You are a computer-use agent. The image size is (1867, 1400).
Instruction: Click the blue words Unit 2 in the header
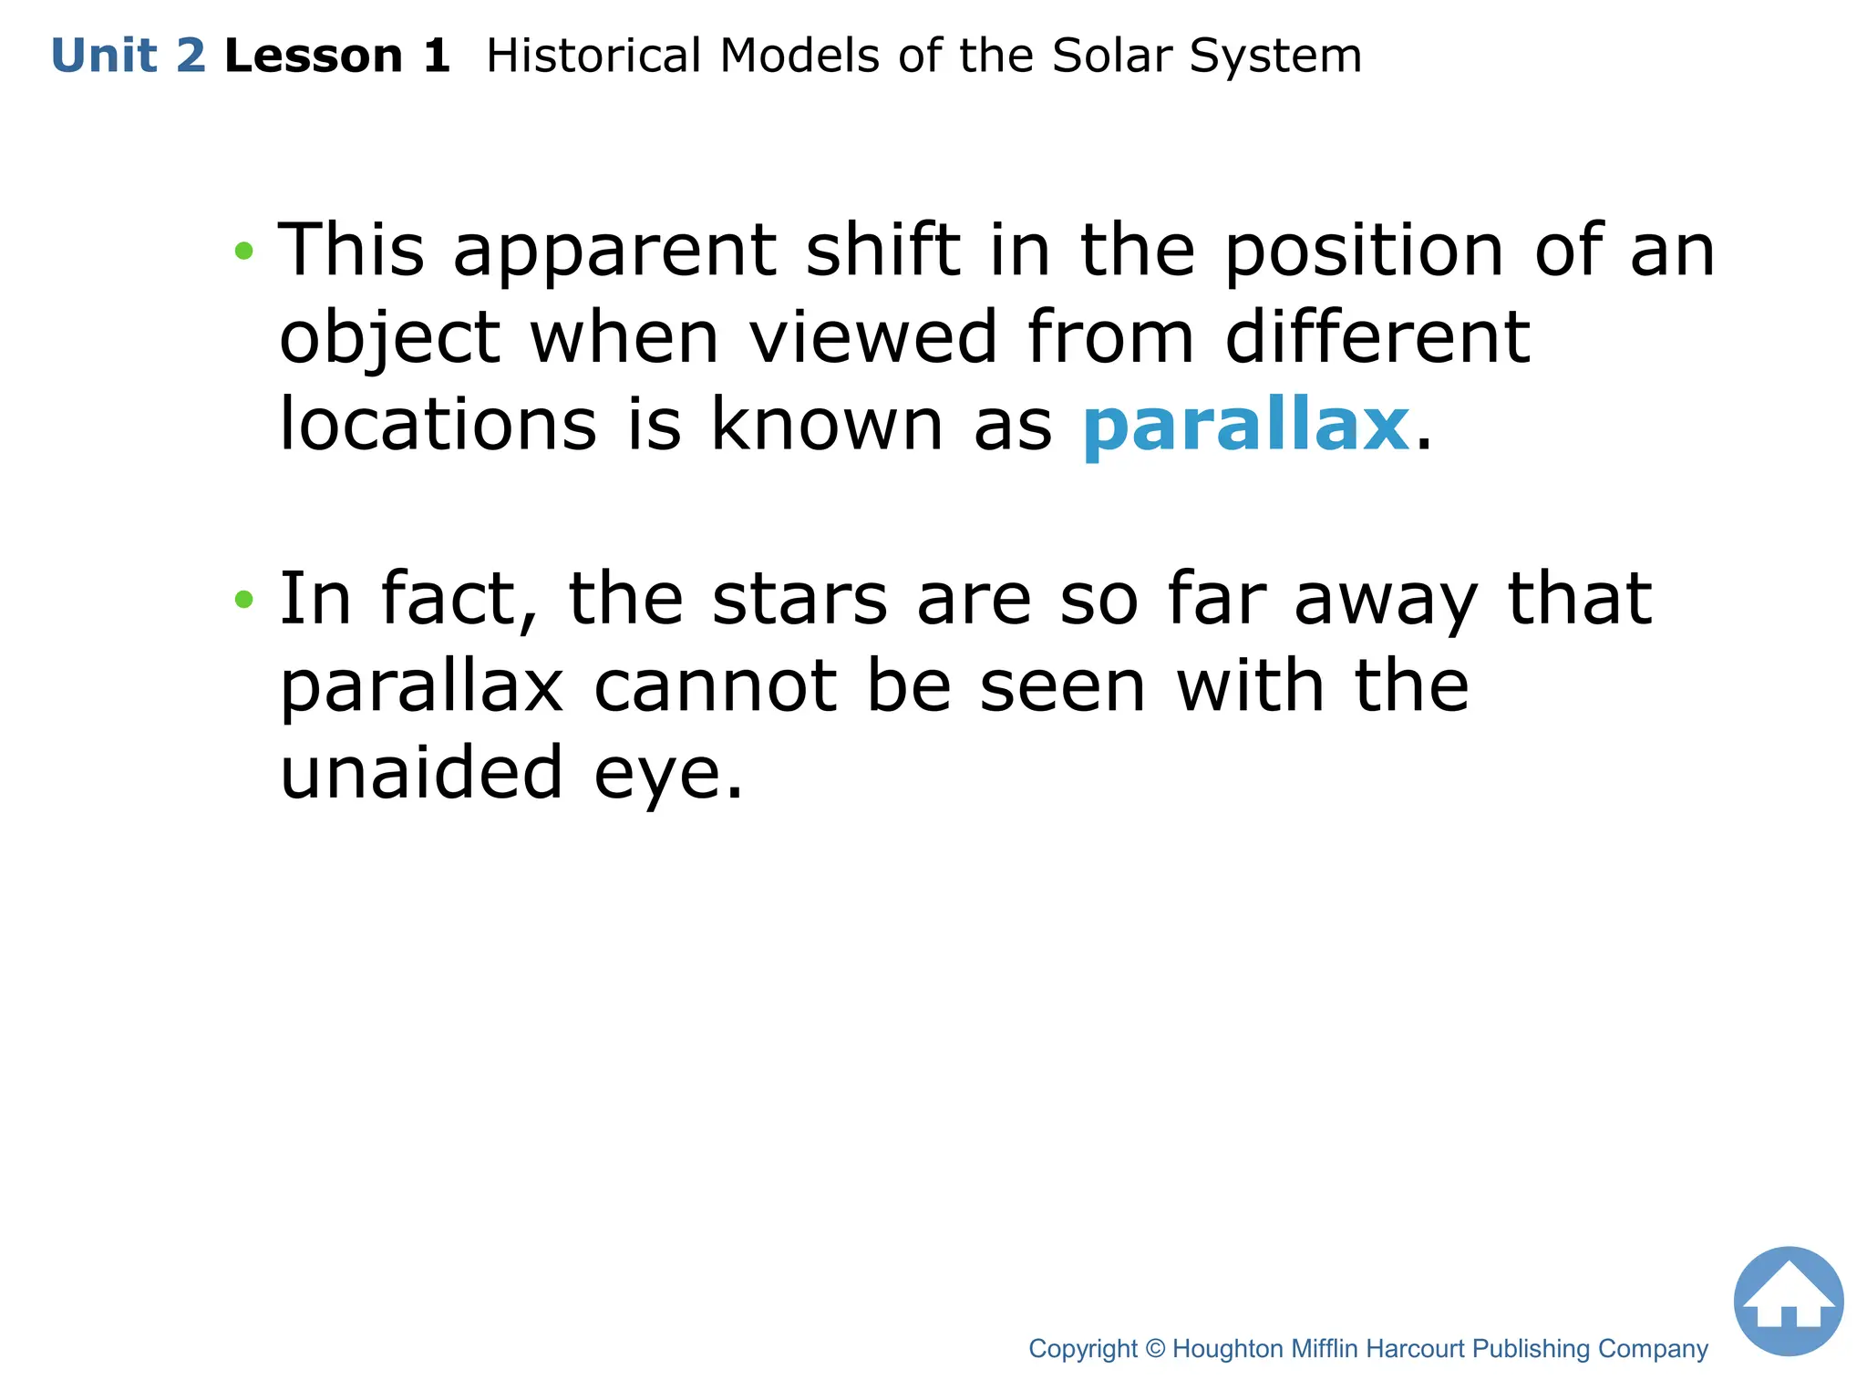coord(129,56)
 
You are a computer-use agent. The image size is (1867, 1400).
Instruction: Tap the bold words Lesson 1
coord(337,56)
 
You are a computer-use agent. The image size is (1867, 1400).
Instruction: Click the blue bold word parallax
coord(1246,425)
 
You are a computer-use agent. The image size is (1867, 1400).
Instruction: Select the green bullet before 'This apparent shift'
coord(243,251)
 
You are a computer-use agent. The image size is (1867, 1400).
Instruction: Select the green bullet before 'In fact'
coord(243,599)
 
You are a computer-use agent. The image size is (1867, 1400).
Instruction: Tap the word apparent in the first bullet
coord(614,251)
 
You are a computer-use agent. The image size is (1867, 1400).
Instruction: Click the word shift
coord(882,251)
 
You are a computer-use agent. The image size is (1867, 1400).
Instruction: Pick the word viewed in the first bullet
coord(873,337)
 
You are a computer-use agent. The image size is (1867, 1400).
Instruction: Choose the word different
coord(1377,337)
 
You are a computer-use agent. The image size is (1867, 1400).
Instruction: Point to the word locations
coord(438,425)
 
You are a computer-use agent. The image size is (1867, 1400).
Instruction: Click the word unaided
coord(421,773)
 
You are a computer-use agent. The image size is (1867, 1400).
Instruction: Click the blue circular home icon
coord(1788,1301)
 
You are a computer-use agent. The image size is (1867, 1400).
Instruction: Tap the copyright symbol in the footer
coord(1155,1349)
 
